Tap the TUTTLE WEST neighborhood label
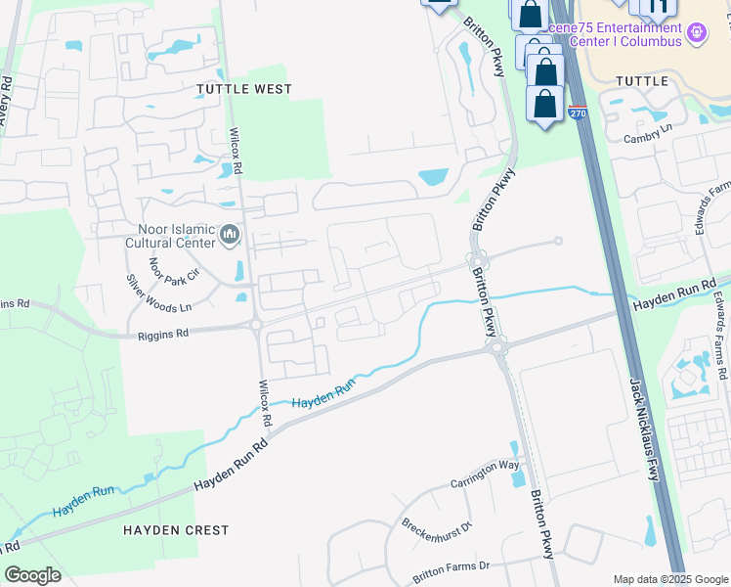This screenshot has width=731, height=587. [244, 89]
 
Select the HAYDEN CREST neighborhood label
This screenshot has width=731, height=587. [176, 530]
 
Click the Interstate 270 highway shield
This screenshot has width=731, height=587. [577, 113]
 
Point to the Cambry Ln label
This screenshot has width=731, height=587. [648, 134]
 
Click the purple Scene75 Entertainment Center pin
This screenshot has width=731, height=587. [696, 33]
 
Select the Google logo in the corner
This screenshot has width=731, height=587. [32, 574]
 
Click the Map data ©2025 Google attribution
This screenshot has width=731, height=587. [670, 579]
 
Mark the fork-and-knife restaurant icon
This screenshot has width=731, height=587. [658, 8]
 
